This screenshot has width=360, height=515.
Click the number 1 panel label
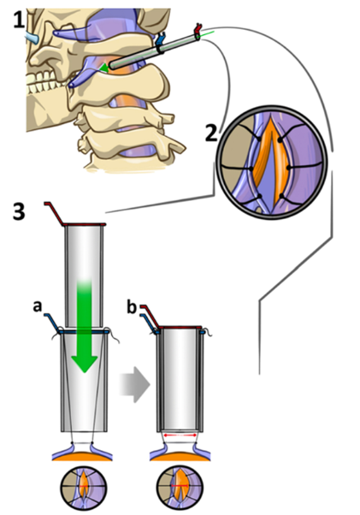point(19,20)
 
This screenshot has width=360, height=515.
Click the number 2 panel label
point(212,133)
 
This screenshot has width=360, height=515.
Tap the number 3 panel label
point(19,211)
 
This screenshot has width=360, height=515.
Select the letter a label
point(38,306)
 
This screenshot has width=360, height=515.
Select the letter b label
point(132,308)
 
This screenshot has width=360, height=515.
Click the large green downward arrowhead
point(85,364)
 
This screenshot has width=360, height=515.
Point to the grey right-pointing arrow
point(134,384)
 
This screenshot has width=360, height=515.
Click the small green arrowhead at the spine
point(103,68)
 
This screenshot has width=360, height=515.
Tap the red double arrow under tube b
point(180,435)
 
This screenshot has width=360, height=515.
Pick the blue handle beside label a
point(52,323)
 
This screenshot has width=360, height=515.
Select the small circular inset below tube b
point(180,488)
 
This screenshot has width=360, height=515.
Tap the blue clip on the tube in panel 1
point(160,42)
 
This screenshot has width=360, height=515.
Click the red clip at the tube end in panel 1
point(198,30)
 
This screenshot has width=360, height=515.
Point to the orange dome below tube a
point(82,457)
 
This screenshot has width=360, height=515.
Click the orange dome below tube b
point(180,457)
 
